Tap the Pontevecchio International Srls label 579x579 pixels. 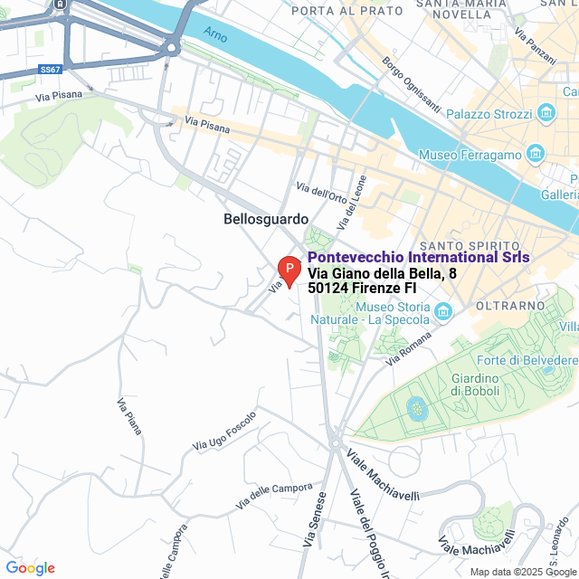click(x=418, y=258)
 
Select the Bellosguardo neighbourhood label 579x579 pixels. click(x=266, y=219)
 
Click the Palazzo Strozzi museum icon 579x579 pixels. click(x=546, y=114)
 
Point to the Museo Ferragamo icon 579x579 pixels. click(x=535, y=155)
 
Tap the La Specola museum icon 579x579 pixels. click(x=443, y=312)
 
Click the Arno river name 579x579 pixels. click(x=215, y=36)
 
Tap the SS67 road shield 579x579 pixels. click(x=51, y=69)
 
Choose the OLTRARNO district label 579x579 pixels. click(x=507, y=280)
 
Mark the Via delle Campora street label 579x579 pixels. click(x=273, y=493)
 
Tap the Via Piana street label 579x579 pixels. click(x=129, y=416)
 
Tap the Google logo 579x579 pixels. click(x=30, y=567)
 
